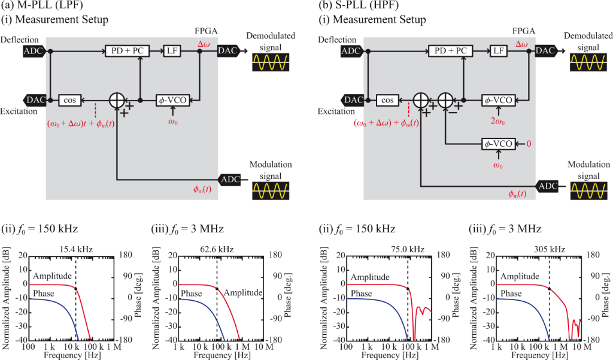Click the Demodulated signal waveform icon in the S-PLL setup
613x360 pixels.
tap(587, 63)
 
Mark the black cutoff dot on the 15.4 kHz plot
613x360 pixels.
tap(75, 288)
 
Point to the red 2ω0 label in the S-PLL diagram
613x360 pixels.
tap(497, 119)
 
